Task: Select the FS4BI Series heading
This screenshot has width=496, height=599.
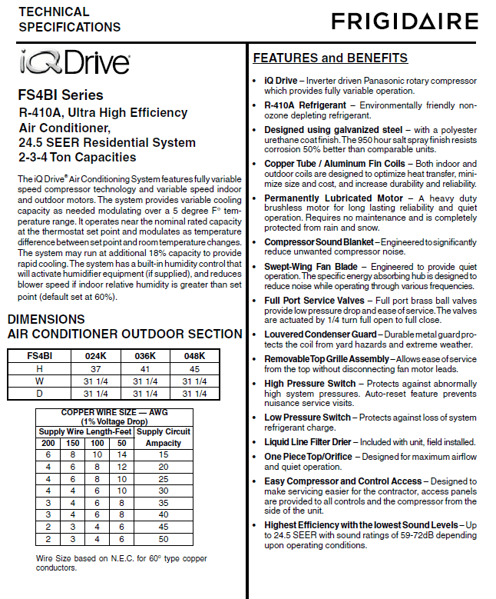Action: click(x=61, y=96)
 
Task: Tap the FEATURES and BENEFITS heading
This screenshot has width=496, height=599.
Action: click(x=330, y=58)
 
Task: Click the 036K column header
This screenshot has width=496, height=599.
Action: click(x=144, y=356)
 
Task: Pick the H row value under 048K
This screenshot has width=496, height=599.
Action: click(x=194, y=368)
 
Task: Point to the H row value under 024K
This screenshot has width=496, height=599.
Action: click(x=94, y=368)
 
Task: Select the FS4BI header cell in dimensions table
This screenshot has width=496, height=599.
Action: click(x=39, y=356)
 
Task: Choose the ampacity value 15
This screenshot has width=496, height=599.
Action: click(x=164, y=454)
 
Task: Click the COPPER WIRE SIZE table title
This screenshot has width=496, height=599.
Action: click(x=114, y=417)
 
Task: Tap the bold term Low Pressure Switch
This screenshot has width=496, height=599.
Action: click(x=307, y=417)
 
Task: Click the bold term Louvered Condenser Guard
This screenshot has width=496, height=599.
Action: click(x=320, y=334)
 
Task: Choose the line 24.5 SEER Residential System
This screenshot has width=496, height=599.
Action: click(x=107, y=142)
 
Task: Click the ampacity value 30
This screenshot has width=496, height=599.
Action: click(x=164, y=490)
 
